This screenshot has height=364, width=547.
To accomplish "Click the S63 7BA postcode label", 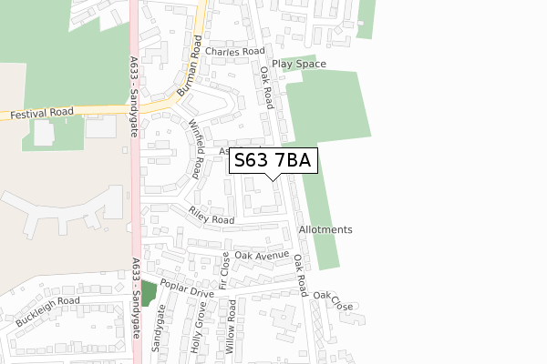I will (273, 161).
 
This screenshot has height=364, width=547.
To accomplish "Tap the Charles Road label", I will (234, 52).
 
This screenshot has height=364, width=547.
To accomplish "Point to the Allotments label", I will (325, 229).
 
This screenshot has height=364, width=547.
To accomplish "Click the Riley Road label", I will (212, 216).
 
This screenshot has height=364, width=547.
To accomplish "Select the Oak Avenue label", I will (261, 256).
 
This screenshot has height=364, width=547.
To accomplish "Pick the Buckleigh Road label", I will (47, 311).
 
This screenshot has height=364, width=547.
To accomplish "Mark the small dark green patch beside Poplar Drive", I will (147, 294).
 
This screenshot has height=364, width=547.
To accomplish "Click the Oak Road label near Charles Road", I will (268, 86).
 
